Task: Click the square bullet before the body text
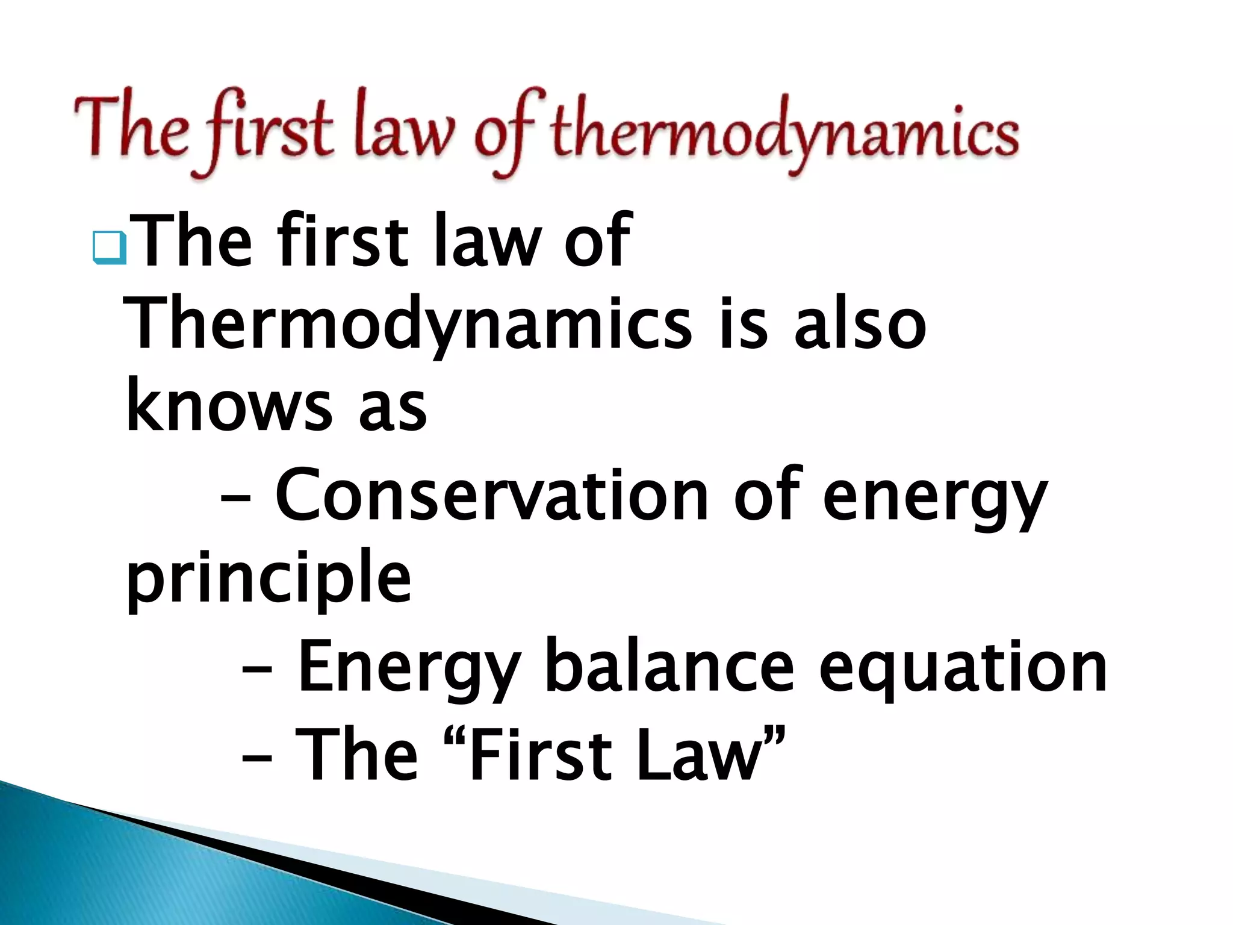point(110,249)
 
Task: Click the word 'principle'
point(269,578)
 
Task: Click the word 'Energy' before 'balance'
point(409,668)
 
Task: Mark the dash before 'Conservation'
point(236,499)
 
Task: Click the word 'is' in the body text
point(744,325)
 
